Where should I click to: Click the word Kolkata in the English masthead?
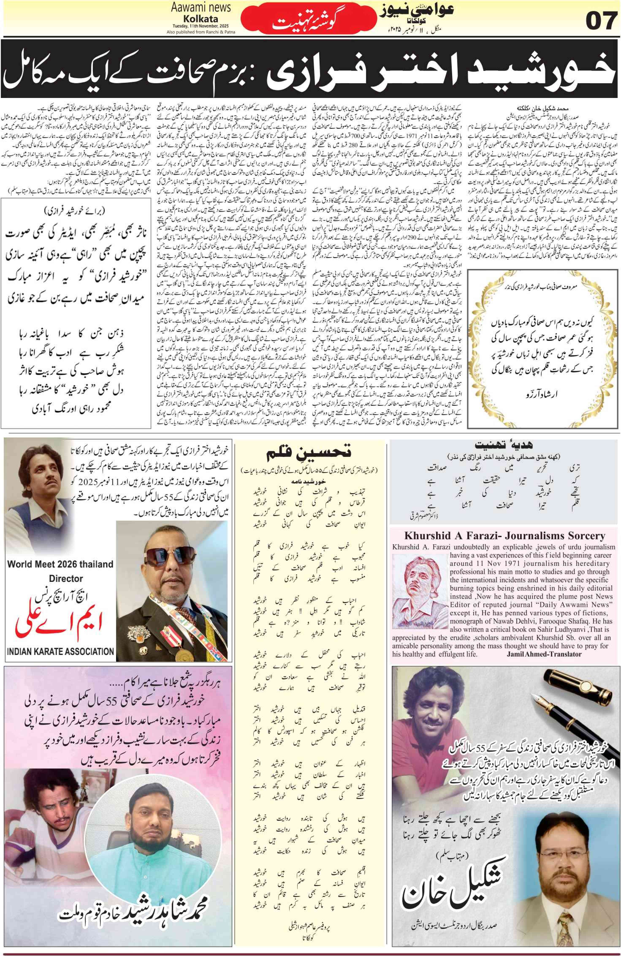click(201, 19)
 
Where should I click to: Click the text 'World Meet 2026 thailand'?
click(60, 564)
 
